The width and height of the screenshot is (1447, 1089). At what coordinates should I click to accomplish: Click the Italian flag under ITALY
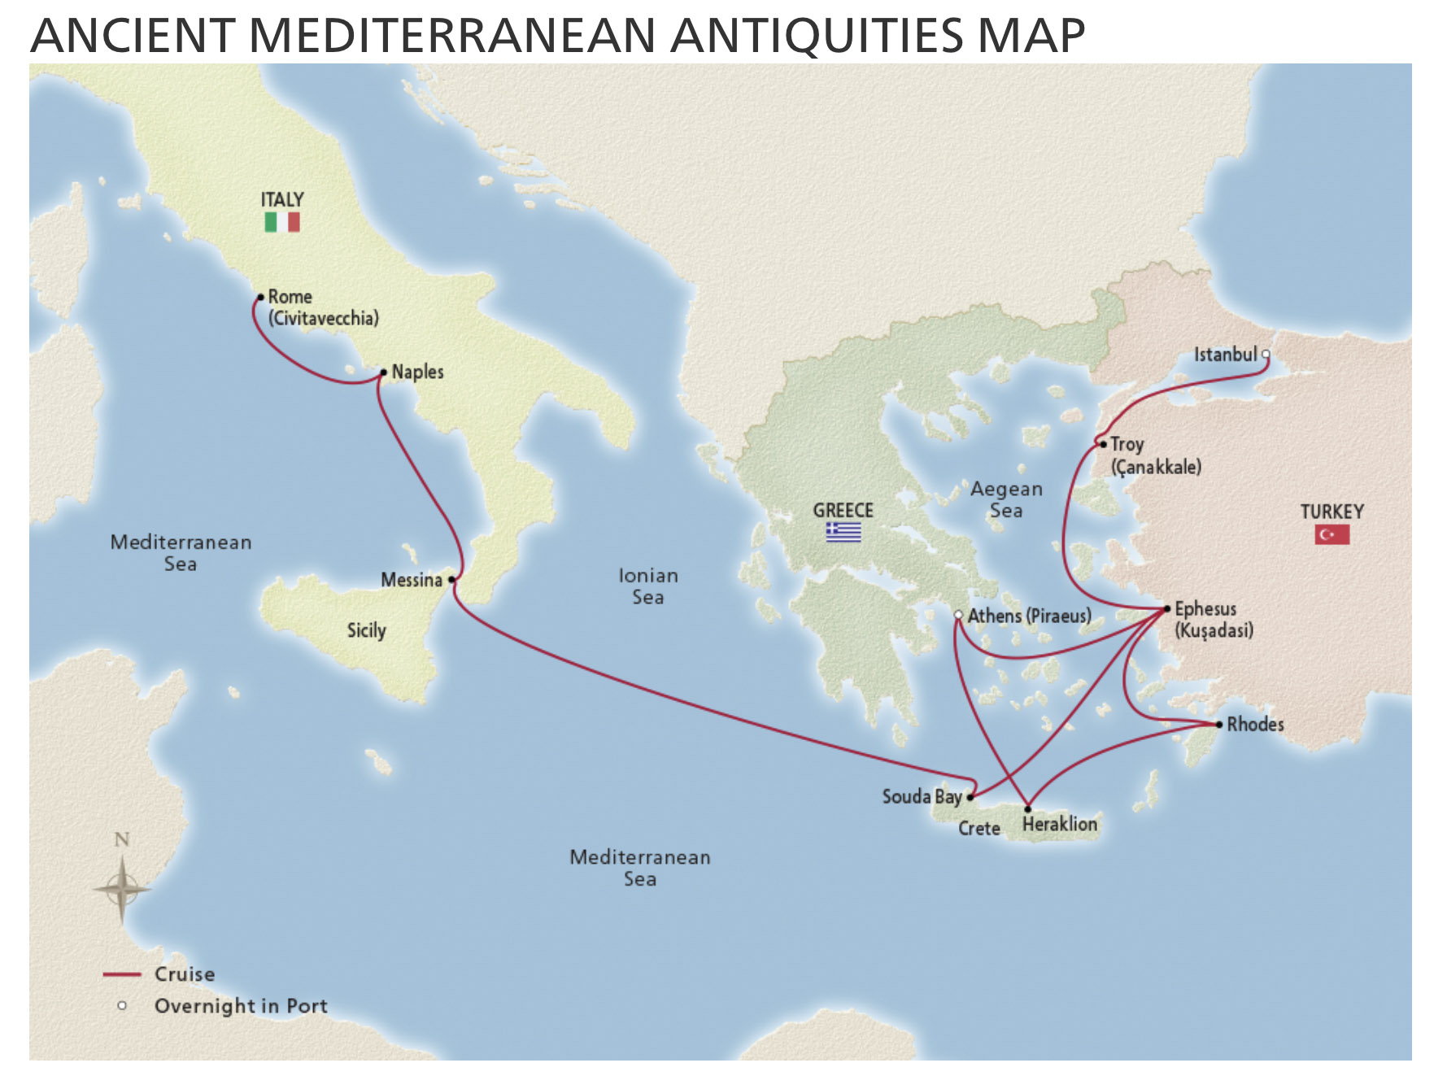(x=282, y=222)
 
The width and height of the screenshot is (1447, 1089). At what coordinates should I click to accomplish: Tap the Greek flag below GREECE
(x=843, y=533)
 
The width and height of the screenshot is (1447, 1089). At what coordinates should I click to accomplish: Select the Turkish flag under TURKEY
(x=1332, y=534)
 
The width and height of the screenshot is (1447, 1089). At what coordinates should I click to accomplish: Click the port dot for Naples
(x=384, y=372)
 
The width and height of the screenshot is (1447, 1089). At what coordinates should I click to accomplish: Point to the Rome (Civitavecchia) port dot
(x=261, y=298)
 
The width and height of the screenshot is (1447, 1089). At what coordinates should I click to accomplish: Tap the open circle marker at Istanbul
(x=1266, y=355)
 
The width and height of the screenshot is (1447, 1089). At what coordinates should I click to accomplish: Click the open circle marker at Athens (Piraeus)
(x=959, y=615)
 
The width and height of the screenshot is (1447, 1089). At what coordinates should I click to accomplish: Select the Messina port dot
(x=452, y=580)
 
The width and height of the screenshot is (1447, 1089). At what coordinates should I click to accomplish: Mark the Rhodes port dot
(x=1218, y=724)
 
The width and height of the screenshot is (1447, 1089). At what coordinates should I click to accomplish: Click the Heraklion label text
(x=1059, y=824)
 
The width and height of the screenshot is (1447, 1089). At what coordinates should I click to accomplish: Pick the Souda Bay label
(x=922, y=796)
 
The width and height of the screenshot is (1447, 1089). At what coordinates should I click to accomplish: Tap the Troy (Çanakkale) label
(x=1155, y=455)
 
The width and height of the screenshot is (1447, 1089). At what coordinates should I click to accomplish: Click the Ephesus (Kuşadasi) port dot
(x=1167, y=608)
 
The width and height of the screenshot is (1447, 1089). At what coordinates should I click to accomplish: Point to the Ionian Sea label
(x=648, y=586)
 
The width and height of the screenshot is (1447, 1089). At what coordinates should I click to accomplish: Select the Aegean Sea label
(x=1006, y=499)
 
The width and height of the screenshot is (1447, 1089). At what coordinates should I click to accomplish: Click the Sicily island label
(x=366, y=630)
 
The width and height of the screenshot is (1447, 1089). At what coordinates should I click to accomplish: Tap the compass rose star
(x=122, y=888)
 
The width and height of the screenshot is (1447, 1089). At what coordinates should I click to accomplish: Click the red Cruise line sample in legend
(x=122, y=974)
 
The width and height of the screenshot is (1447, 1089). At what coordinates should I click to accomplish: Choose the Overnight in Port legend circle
(x=122, y=1006)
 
